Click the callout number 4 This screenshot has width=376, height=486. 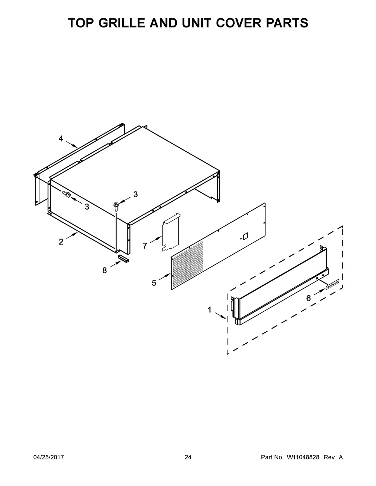coord(61,139)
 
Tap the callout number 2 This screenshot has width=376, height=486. coord(61,242)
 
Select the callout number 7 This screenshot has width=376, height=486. coord(145,246)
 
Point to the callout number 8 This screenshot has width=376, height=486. coord(105,270)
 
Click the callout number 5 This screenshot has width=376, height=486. coord(154,283)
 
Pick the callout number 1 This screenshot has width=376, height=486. coord(209,310)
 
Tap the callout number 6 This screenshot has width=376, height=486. coord(308,298)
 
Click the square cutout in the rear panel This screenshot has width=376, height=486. coord(245,236)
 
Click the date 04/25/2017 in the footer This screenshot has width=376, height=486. coord(49,457)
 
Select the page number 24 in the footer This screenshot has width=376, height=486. coord(188,457)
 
